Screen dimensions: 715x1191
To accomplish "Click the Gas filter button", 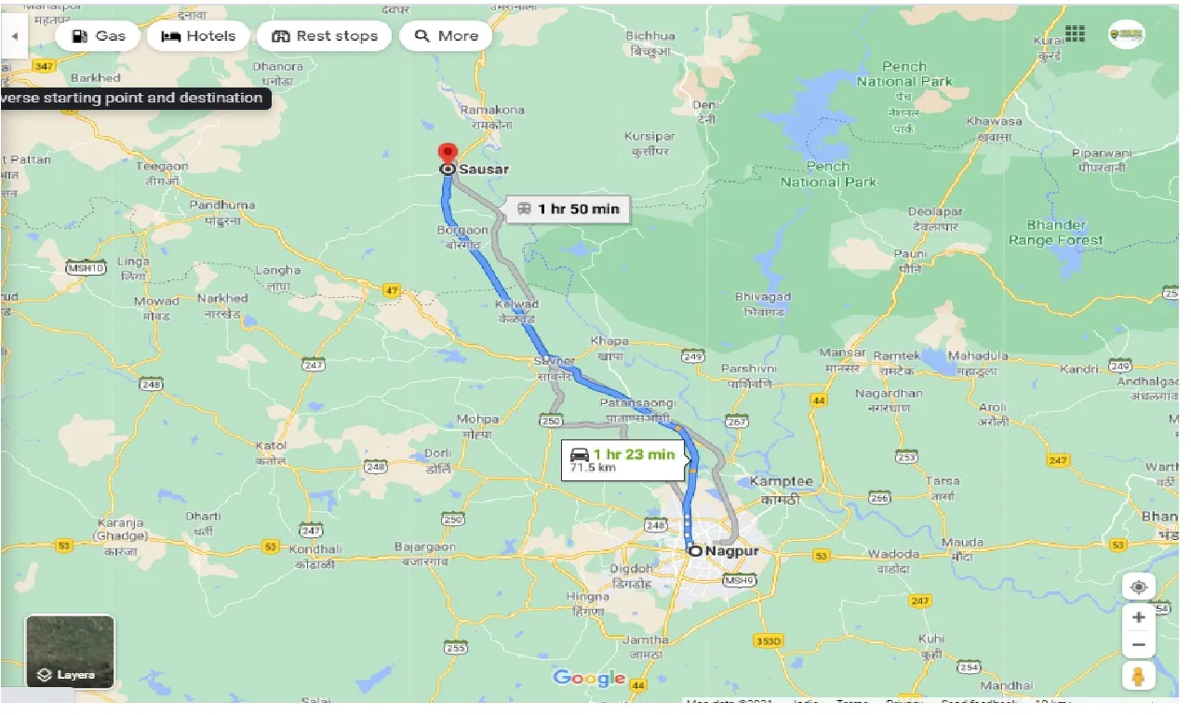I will [98, 36].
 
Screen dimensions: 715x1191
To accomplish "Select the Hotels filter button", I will [198, 36].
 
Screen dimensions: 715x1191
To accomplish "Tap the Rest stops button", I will [325, 36].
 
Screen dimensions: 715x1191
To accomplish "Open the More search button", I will [446, 36].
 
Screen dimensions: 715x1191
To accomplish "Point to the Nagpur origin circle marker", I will [695, 551].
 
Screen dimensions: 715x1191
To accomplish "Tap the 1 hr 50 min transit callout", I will [567, 209].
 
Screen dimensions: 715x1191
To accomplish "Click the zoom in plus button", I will [1138, 617].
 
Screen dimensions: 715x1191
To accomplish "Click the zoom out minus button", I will [1138, 644].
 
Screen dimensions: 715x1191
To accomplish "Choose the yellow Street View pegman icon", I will [1138, 676].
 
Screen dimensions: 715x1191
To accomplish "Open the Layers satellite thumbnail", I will [70, 651].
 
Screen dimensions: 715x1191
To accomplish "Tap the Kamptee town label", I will [781, 481].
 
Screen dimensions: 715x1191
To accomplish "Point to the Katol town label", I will [271, 446].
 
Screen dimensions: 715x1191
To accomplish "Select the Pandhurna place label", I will [221, 205].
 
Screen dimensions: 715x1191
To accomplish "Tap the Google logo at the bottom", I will [589, 678].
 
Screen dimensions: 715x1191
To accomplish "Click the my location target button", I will [1138, 587].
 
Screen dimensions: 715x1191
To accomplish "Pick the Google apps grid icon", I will [1075, 34].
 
